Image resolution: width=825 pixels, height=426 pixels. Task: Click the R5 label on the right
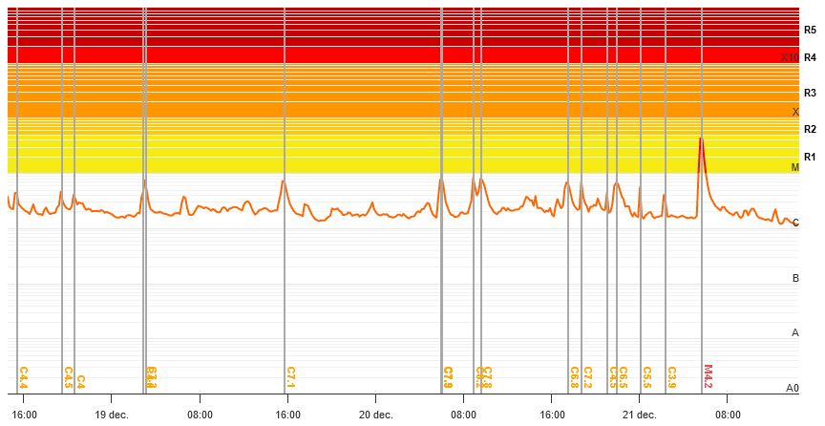tap(810, 31)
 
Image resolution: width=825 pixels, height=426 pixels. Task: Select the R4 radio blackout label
tap(810, 57)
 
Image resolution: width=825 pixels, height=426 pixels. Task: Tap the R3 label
tap(810, 93)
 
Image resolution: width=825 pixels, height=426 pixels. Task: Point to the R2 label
tap(810, 129)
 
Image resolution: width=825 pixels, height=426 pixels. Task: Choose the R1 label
tap(810, 157)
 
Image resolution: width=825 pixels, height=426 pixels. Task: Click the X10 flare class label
tap(789, 57)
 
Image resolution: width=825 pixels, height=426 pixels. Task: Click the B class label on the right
tap(795, 278)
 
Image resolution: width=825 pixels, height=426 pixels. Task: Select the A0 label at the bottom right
tap(792, 388)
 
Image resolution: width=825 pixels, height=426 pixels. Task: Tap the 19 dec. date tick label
tap(111, 415)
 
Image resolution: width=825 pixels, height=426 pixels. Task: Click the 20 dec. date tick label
tap(375, 415)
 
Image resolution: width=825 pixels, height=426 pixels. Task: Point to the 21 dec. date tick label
tap(639, 415)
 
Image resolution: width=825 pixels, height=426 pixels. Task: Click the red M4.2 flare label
tap(708, 376)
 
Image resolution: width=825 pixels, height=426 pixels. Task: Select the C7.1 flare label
tap(291, 377)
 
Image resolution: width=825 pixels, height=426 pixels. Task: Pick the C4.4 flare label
tap(23, 377)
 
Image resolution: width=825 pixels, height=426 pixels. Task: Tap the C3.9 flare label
tap(671, 377)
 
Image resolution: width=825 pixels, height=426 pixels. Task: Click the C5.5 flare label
tap(646, 377)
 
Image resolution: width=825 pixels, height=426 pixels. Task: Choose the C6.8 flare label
tap(574, 377)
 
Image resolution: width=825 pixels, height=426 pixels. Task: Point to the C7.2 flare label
tap(587, 377)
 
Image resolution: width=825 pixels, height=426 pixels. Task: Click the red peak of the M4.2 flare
tap(701, 139)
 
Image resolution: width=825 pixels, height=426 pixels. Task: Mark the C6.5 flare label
tap(623, 377)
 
